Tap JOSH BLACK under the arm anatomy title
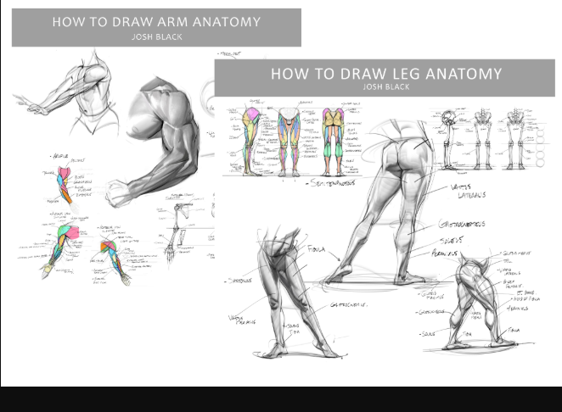pos(156,36)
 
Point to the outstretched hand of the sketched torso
pos(34,109)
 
